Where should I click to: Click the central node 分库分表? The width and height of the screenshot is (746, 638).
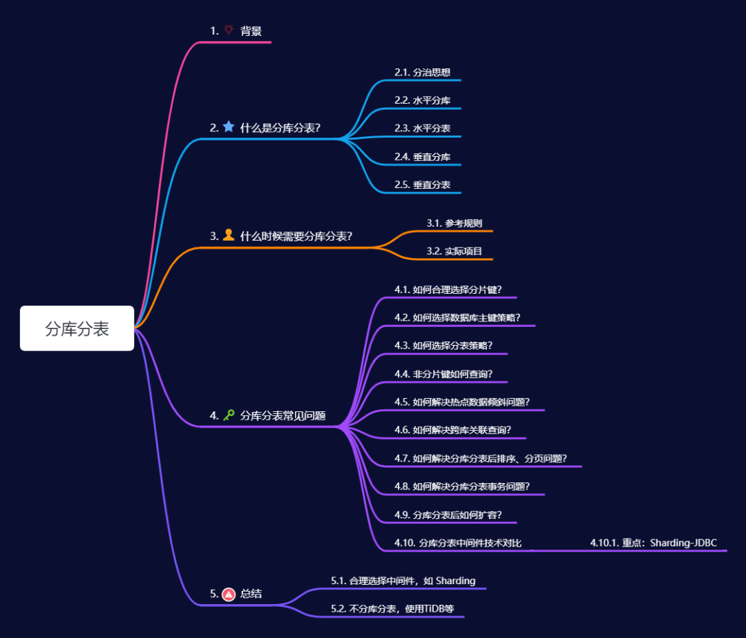pyautogui.click(x=77, y=329)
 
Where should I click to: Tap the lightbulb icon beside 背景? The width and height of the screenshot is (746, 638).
pyautogui.click(x=229, y=30)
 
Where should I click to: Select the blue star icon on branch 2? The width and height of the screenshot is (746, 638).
pyautogui.click(x=229, y=127)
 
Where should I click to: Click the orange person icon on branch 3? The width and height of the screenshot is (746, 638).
pyautogui.click(x=229, y=235)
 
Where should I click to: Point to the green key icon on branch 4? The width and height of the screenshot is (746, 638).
pyautogui.click(x=229, y=415)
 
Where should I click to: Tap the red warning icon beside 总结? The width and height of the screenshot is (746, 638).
pyautogui.click(x=229, y=594)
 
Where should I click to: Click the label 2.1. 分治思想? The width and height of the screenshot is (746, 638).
pyautogui.click(x=423, y=72)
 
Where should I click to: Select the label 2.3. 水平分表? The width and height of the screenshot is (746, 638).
pyautogui.click(x=423, y=129)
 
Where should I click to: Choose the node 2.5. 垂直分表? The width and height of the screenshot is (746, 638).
pyautogui.click(x=423, y=185)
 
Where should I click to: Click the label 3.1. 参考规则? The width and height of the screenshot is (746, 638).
pyautogui.click(x=455, y=223)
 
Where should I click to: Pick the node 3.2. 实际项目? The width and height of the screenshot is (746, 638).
pyautogui.click(x=455, y=251)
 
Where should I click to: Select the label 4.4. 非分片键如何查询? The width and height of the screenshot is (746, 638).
pyautogui.click(x=443, y=374)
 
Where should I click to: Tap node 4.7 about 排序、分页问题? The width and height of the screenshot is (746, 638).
pyautogui.click(x=480, y=458)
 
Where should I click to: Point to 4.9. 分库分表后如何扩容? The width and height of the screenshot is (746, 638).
pyautogui.click(x=448, y=515)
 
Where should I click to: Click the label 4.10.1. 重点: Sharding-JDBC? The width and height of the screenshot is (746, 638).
pyautogui.click(x=653, y=543)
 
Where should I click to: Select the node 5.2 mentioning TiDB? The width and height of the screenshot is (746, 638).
pyautogui.click(x=397, y=609)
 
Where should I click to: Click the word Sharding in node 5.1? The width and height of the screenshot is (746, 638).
pyautogui.click(x=456, y=581)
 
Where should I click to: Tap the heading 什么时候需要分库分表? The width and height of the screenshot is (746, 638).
pyautogui.click(x=296, y=236)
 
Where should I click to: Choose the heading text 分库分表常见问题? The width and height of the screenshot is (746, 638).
pyautogui.click(x=283, y=416)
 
